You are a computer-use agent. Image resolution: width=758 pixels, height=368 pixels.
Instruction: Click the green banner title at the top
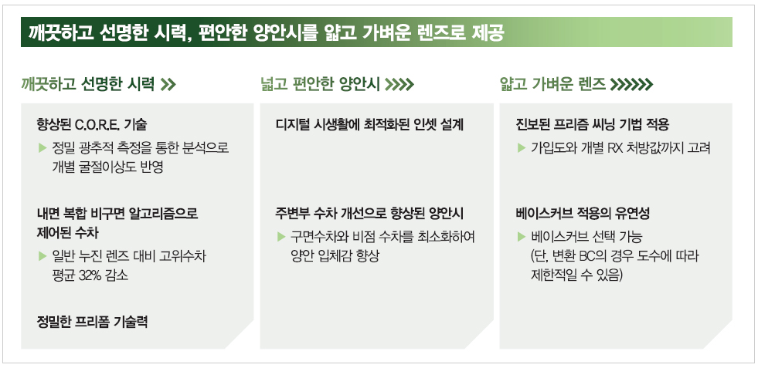[x=267, y=33]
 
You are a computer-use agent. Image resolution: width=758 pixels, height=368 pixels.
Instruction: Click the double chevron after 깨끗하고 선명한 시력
[x=168, y=85]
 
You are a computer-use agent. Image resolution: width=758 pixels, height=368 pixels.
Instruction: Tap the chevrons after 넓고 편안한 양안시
[x=399, y=85]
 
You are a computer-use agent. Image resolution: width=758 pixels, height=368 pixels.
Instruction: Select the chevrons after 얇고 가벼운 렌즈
[x=631, y=85]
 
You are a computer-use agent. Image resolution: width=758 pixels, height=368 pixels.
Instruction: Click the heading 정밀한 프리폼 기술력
[x=92, y=322]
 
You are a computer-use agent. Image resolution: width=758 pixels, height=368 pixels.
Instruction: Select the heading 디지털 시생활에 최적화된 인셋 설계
[x=370, y=125]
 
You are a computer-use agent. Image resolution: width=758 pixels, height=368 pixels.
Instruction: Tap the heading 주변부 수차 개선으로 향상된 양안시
[x=370, y=214]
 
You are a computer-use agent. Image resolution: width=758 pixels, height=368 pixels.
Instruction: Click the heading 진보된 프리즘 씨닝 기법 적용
[x=592, y=125]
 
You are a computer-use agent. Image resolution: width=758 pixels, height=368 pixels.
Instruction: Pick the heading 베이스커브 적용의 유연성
[x=582, y=214]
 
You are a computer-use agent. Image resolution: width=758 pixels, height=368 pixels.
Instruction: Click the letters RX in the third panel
[x=608, y=148]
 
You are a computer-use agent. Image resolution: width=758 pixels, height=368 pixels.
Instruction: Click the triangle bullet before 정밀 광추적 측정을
[x=42, y=147]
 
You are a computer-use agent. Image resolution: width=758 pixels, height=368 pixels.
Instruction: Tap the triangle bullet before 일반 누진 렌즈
[x=42, y=255]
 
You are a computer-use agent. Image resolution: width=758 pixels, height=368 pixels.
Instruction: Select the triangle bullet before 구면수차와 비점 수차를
[x=281, y=236]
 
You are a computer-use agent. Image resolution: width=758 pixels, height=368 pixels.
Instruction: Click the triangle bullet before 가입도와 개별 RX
[x=521, y=147]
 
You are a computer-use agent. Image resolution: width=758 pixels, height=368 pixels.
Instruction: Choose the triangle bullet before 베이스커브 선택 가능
[x=521, y=236]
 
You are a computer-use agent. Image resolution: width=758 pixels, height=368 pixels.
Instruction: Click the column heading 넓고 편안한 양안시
[x=320, y=85]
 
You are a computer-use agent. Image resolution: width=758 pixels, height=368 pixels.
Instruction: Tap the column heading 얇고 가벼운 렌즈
[x=553, y=85]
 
